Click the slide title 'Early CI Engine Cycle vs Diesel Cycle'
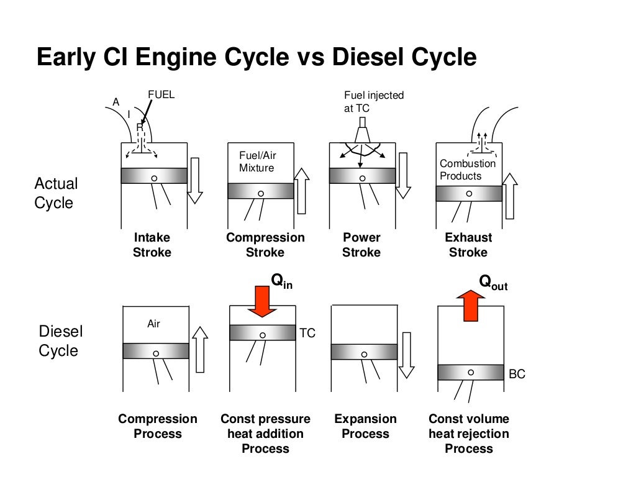click(257, 57)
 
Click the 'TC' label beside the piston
click(307, 334)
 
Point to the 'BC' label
click(517, 375)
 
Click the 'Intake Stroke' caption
click(152, 245)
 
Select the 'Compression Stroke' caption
click(265, 245)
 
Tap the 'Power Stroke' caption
click(361, 245)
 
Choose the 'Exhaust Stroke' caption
click(468, 245)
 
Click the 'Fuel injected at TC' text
click(374, 101)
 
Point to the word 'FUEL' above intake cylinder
click(161, 95)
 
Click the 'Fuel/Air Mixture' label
click(257, 161)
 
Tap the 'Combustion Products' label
click(468, 170)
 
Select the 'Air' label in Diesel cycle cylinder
click(153, 324)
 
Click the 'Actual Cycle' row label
click(56, 193)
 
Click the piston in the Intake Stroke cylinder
click(154, 176)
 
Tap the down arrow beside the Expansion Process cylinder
click(406, 355)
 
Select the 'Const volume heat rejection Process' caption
click(469, 434)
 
